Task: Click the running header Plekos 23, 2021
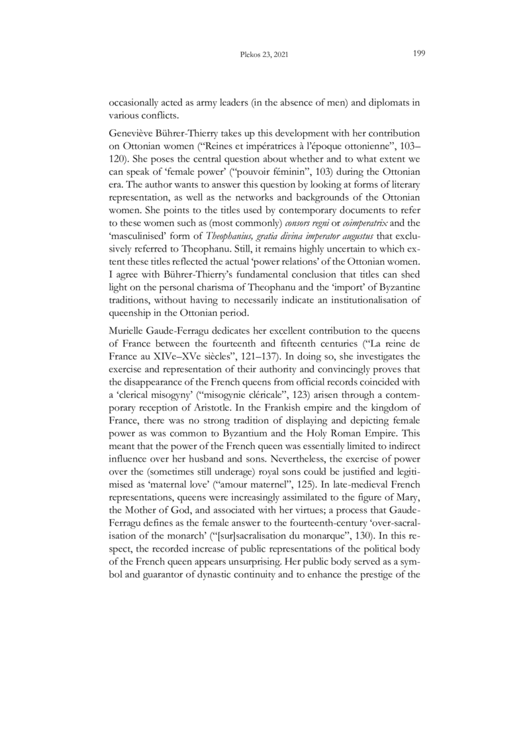(x=265, y=54)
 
